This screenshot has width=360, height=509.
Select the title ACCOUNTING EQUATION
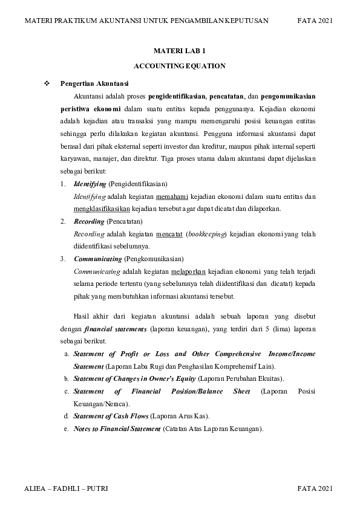coord(180,66)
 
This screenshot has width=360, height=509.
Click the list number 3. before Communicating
coord(63,259)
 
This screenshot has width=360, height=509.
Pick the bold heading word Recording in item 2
coord(88,222)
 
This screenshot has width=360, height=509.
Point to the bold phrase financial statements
coord(115,329)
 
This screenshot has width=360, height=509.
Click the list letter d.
coord(66,417)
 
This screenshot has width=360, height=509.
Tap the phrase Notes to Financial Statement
coord(116,429)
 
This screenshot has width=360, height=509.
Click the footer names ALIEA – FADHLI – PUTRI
coord(66,487)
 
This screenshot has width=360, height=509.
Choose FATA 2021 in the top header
coord(315,21)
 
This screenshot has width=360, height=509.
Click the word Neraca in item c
coord(113,404)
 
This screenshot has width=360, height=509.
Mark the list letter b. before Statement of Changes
coord(66,378)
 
